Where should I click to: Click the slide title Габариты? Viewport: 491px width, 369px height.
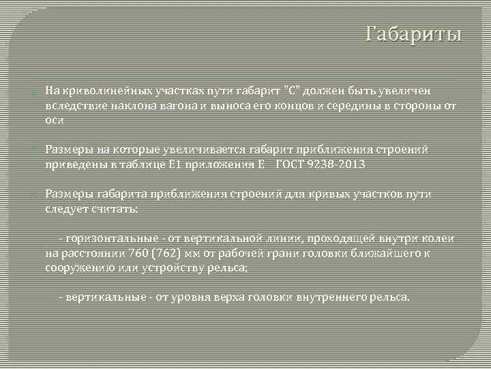[413, 33]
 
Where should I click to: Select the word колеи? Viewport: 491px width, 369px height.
[441, 238]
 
